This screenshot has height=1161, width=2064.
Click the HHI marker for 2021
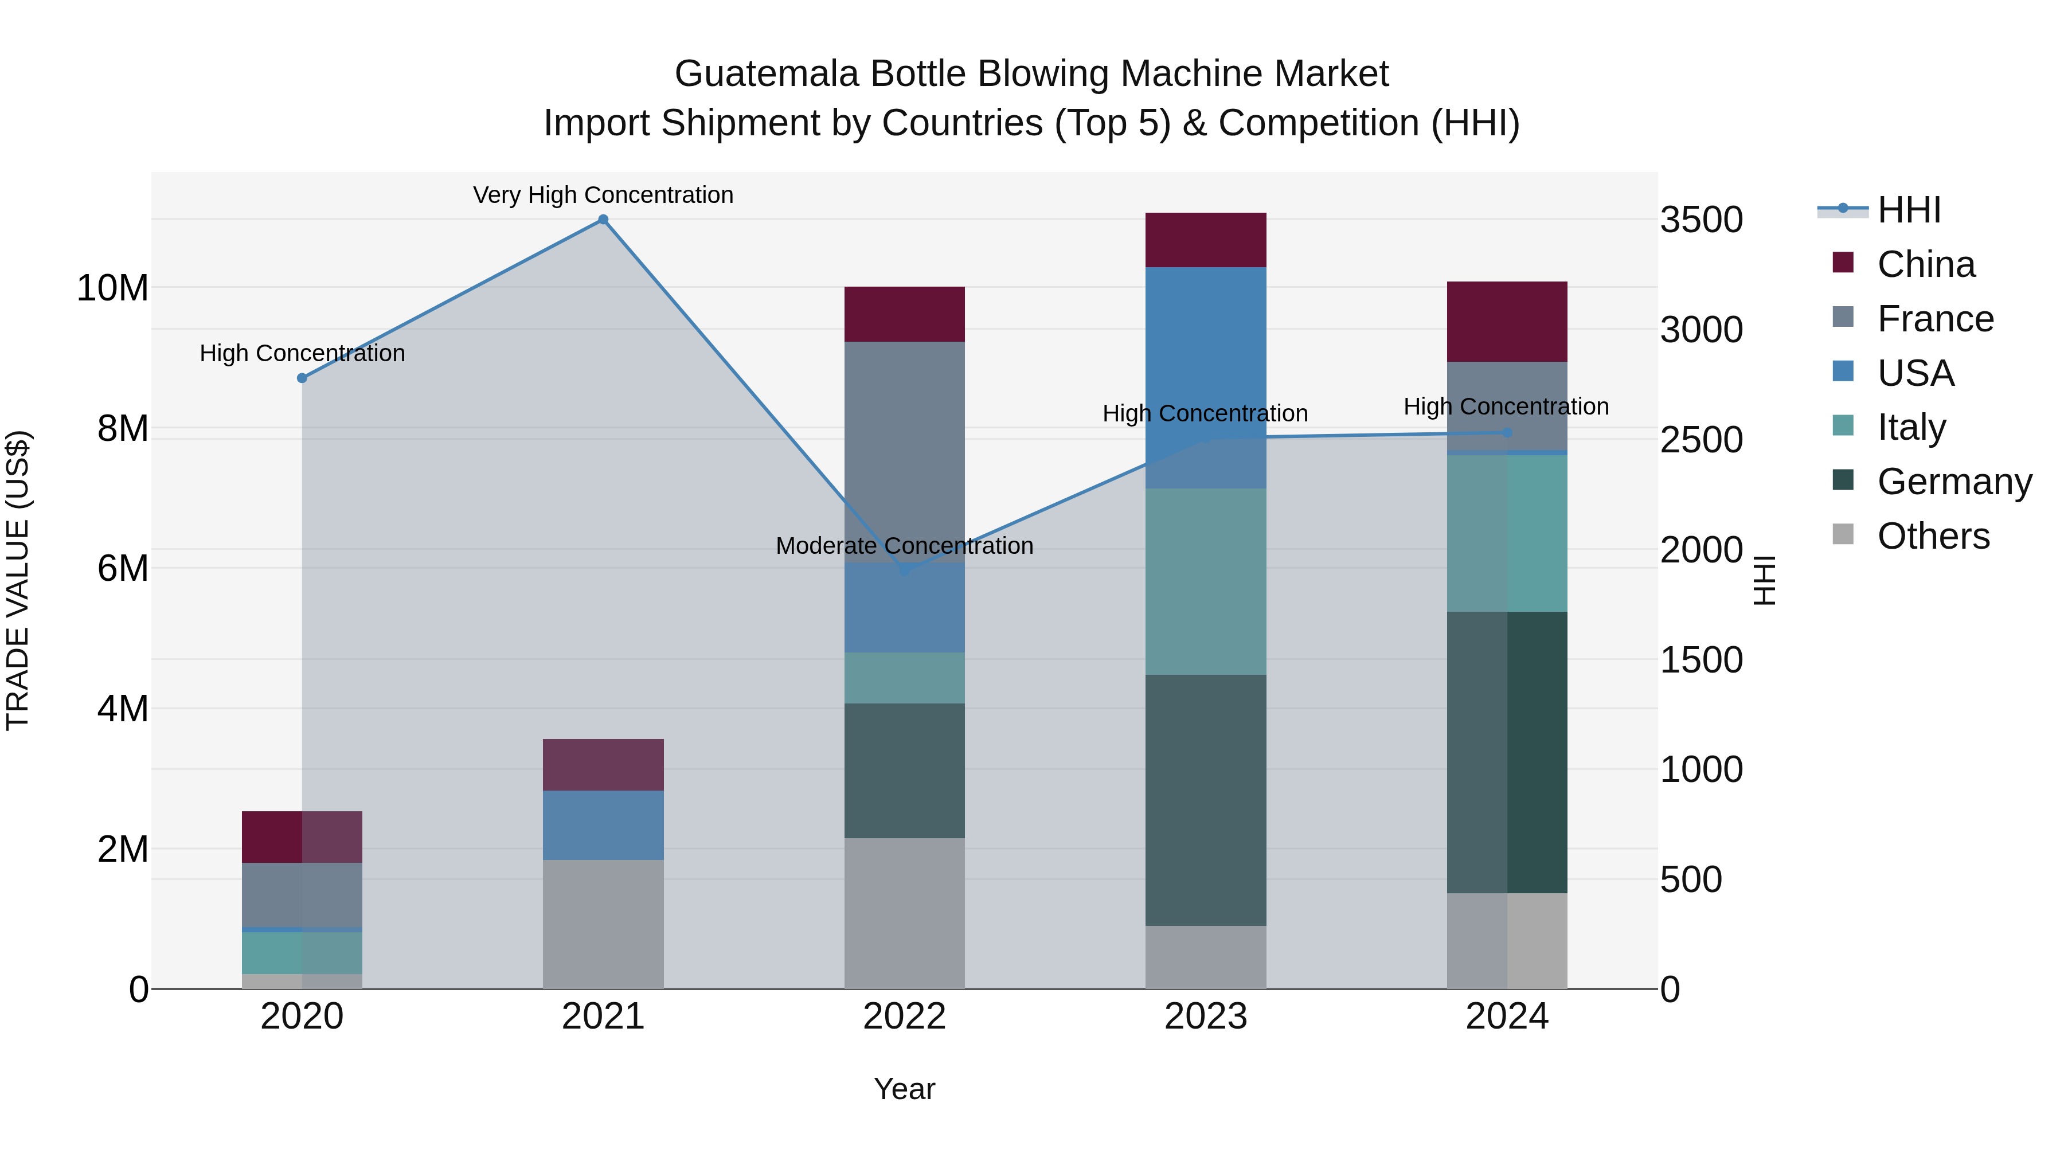(603, 220)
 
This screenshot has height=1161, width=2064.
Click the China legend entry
(1925, 264)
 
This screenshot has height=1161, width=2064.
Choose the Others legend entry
(1933, 536)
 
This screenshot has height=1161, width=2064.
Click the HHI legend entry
(1909, 210)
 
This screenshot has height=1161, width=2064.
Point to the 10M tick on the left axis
(112, 288)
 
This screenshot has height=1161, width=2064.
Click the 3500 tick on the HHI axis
(1701, 220)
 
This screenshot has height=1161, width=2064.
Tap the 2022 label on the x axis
(905, 1017)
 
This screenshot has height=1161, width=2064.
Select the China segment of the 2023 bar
(1206, 240)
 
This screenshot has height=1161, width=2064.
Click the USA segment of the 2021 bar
(603, 825)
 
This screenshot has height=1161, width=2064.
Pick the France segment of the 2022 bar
(905, 452)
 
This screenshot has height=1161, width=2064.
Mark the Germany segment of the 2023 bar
(1206, 800)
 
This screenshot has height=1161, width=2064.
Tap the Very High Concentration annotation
(603, 195)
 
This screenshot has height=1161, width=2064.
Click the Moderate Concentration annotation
(905, 546)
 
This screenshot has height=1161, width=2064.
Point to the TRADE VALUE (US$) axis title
(18, 580)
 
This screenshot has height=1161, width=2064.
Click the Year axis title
(905, 1089)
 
